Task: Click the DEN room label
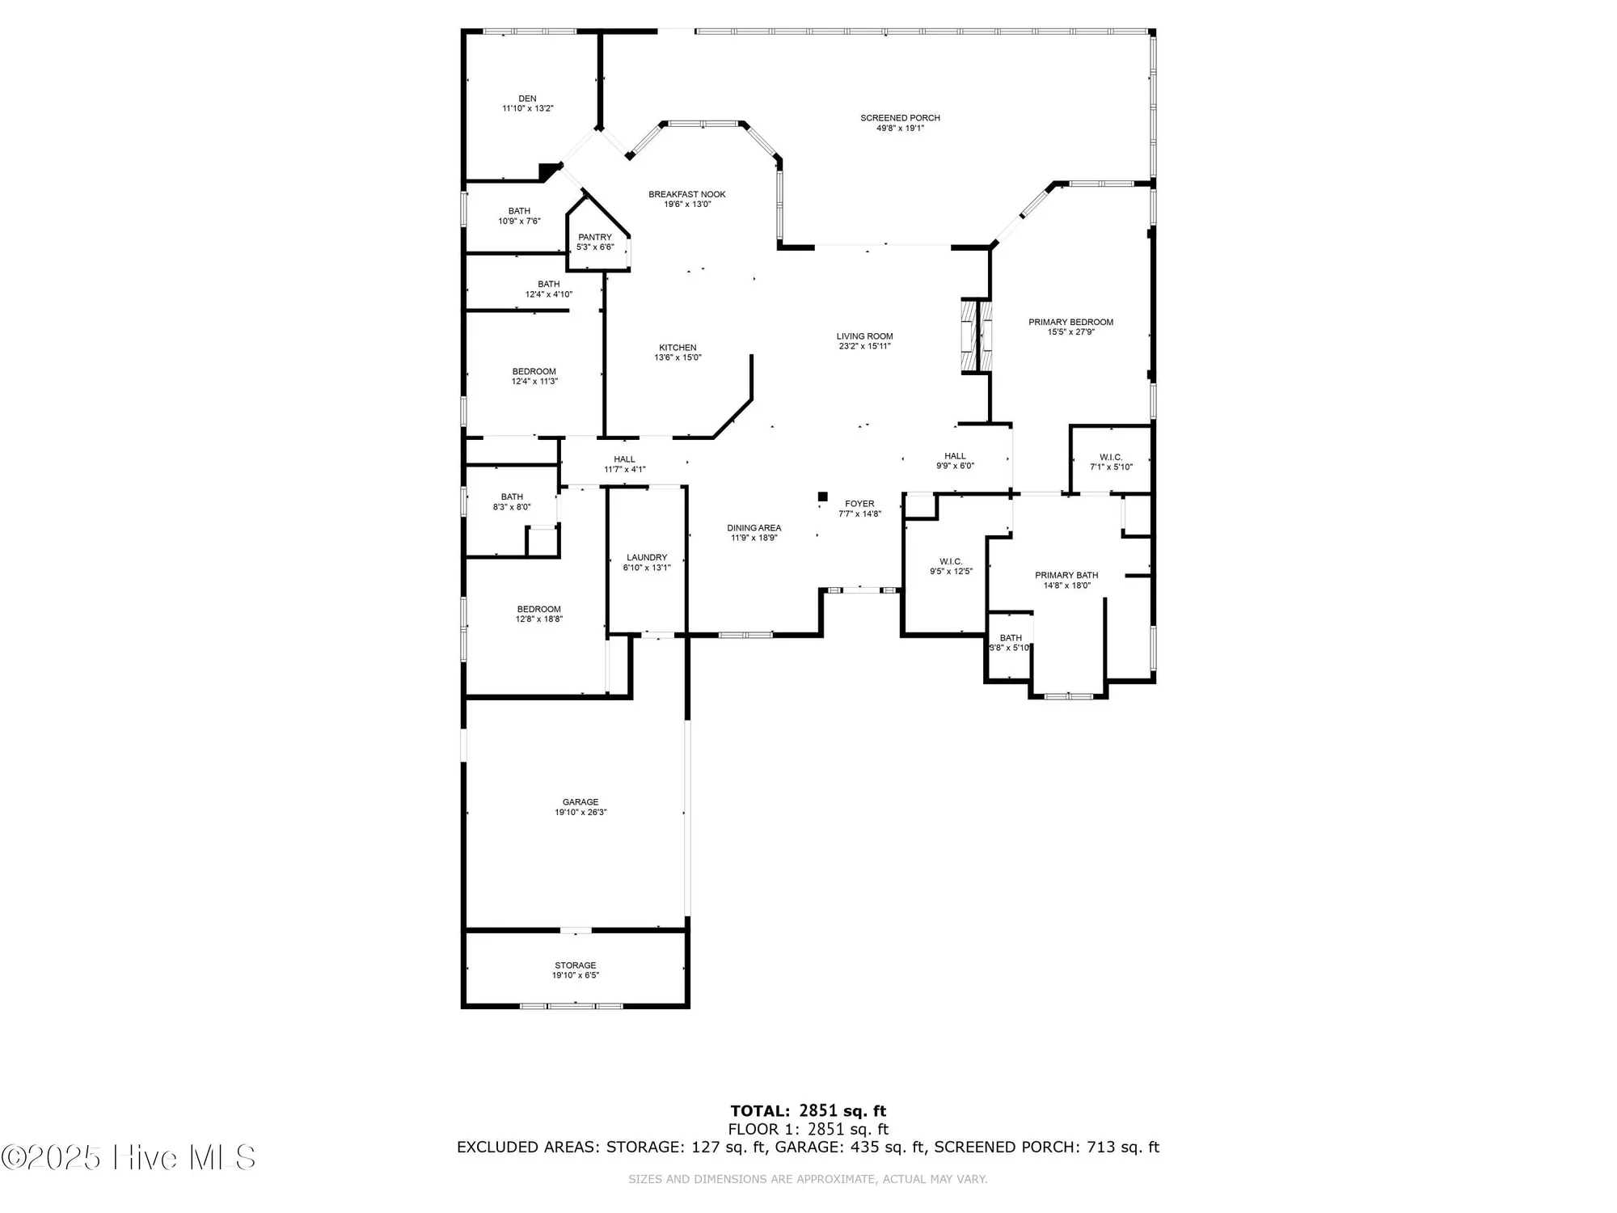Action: coord(527,99)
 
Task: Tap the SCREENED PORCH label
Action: coord(900,118)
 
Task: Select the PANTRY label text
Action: coord(595,237)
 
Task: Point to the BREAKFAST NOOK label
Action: coord(687,194)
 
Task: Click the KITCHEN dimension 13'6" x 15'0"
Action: coord(678,357)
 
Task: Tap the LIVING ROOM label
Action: coord(864,336)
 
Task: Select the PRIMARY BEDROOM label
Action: coord(1070,322)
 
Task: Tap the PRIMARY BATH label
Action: coord(1066,575)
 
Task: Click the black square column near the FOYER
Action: coord(823,497)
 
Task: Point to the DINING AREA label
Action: coord(754,528)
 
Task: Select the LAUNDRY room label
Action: coord(647,557)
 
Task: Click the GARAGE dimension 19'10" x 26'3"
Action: coord(581,813)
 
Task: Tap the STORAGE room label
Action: coord(576,966)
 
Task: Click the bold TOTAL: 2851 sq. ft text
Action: coord(808,1111)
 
